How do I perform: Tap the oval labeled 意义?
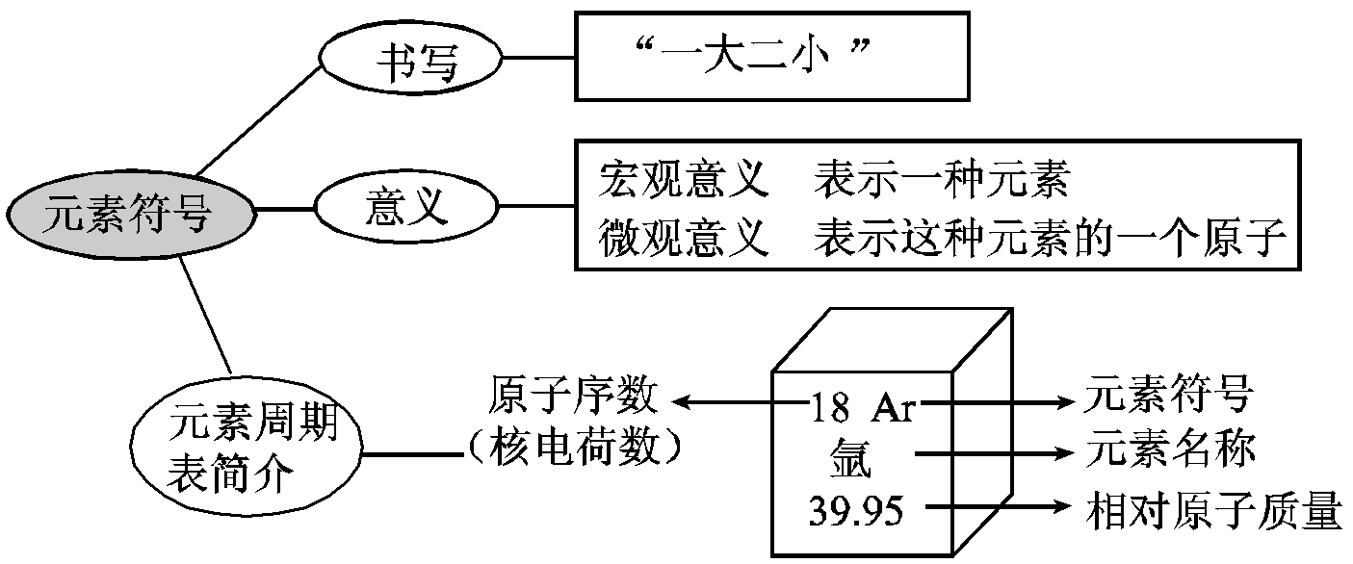(407, 207)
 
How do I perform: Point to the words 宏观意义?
(682, 180)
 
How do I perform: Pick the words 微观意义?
(682, 238)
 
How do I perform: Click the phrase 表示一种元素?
(942, 180)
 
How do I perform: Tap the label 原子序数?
(574, 396)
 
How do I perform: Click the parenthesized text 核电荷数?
(575, 446)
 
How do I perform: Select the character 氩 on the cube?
(848, 461)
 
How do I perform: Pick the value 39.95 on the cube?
(855, 512)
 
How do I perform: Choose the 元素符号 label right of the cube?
(1168, 396)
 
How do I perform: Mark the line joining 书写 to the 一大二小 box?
(538, 60)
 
